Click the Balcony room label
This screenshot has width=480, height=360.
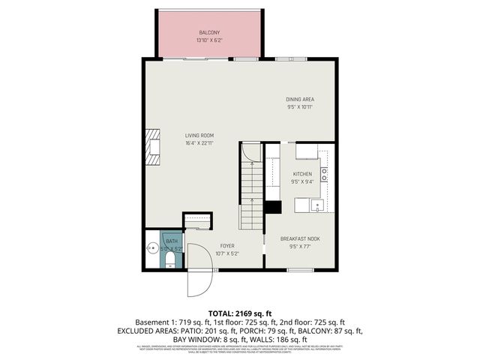(208, 32)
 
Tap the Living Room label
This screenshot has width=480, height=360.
(200, 136)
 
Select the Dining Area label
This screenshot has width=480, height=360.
(300, 99)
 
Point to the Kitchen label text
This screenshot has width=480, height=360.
(301, 173)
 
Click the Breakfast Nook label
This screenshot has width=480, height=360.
(300, 238)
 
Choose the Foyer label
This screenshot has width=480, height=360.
(227, 245)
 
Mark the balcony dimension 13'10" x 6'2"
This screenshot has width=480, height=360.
(208, 40)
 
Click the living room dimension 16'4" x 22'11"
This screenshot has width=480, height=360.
(200, 143)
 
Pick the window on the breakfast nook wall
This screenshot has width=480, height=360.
(300, 270)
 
